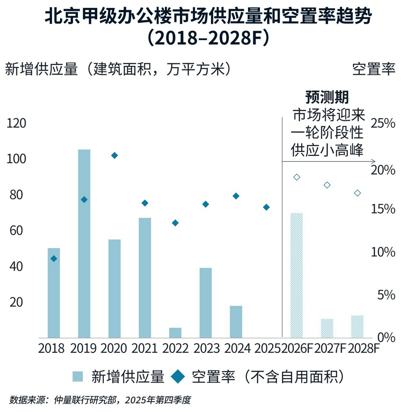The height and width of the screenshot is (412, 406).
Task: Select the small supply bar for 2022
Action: (175, 333)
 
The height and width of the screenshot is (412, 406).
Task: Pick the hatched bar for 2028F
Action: (357, 326)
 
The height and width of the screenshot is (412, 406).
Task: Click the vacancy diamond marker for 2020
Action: (115, 155)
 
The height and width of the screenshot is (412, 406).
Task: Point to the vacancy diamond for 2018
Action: (54, 258)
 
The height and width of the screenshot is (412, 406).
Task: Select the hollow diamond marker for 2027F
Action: (327, 185)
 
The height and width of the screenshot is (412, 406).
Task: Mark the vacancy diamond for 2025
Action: (266, 207)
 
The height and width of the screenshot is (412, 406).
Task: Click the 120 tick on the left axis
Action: (16, 123)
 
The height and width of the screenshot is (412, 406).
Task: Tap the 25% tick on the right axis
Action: (383, 123)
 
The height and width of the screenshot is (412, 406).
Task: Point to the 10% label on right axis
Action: (383, 252)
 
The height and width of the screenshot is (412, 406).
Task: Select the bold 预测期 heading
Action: (327, 97)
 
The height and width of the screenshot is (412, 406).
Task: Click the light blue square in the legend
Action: (78, 377)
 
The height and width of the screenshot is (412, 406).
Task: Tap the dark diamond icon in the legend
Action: (178, 377)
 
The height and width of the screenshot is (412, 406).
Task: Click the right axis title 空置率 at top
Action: (374, 69)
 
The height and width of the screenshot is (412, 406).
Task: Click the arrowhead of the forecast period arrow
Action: (374, 161)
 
